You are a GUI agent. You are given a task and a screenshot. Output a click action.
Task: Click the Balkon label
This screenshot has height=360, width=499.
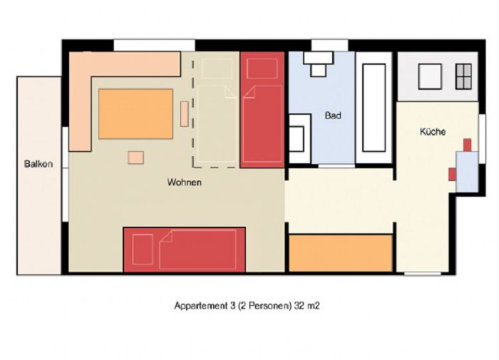[x=38, y=164]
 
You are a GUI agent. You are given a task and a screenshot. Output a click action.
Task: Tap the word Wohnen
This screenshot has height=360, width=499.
[x=184, y=182]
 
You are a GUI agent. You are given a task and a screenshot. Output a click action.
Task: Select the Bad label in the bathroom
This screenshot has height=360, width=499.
[x=333, y=115]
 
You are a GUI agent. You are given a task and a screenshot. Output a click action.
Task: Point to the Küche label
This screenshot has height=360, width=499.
[x=433, y=131]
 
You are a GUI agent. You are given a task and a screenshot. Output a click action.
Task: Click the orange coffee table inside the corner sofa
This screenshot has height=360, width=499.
[x=136, y=114]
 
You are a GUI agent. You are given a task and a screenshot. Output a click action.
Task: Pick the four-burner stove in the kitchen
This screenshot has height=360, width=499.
[x=463, y=76]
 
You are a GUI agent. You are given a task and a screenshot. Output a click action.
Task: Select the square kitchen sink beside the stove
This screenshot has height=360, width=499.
[x=430, y=76]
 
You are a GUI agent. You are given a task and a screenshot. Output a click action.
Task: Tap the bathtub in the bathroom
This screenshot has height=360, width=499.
[x=374, y=108]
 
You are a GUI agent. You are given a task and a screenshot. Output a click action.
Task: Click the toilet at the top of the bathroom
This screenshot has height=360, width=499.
[x=318, y=63]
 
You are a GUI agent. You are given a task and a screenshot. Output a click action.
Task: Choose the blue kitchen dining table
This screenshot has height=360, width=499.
[x=467, y=172]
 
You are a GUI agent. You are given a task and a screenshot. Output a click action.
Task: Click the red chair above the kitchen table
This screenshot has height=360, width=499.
[x=467, y=145]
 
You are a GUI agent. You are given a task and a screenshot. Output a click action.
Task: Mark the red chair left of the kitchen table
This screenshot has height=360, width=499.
[x=452, y=175]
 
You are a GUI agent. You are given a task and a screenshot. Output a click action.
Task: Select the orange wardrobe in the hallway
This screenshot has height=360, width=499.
[x=341, y=253]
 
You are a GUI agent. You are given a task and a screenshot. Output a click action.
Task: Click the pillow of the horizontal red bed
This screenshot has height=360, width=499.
[x=143, y=250]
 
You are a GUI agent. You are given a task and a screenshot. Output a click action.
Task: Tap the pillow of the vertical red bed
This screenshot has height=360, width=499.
[x=262, y=68]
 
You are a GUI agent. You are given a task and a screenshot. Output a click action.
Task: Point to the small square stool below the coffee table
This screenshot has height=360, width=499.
[x=136, y=158]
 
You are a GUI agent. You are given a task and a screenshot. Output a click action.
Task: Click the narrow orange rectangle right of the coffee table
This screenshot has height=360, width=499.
[x=184, y=114]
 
